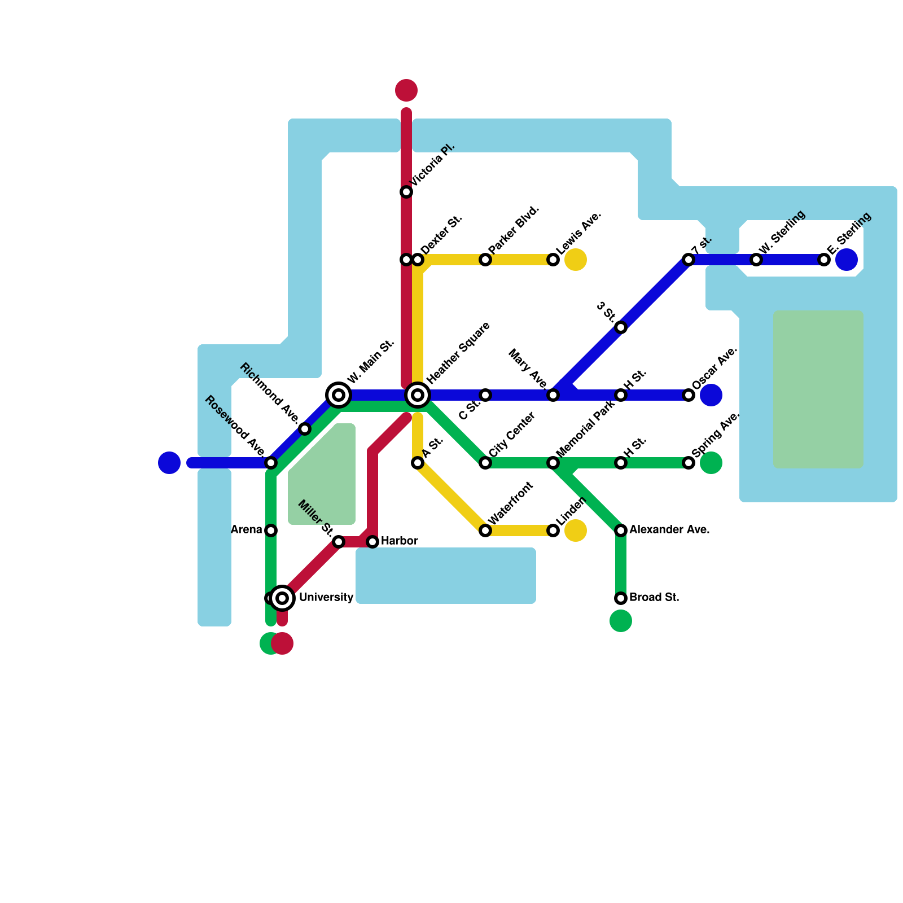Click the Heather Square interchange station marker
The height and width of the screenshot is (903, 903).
coord(418,395)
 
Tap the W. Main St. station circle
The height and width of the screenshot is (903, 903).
coord(339,395)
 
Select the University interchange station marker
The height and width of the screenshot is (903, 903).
coord(282,598)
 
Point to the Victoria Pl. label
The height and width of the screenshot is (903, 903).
coord(432,165)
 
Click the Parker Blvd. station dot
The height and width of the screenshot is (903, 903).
coord(485,260)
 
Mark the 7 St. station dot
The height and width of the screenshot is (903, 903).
coord(689,260)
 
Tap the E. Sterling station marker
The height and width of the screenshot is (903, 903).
coord(824,260)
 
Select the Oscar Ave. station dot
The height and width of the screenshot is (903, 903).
coord(689,395)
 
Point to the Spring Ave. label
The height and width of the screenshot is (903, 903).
coord(715,435)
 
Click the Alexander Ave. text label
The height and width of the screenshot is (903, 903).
coord(669,529)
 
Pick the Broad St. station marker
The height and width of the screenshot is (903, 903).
coord(621,598)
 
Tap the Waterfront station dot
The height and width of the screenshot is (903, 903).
coord(485,531)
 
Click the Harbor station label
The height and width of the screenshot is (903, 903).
coord(399,541)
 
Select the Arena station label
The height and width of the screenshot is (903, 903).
coord(247,529)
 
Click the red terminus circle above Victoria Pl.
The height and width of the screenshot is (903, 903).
coord(406,90)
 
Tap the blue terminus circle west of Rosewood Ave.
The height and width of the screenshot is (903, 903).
coord(169,463)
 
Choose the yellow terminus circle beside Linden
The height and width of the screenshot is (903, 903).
coord(576,531)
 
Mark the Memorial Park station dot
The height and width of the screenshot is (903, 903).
coord(553,463)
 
